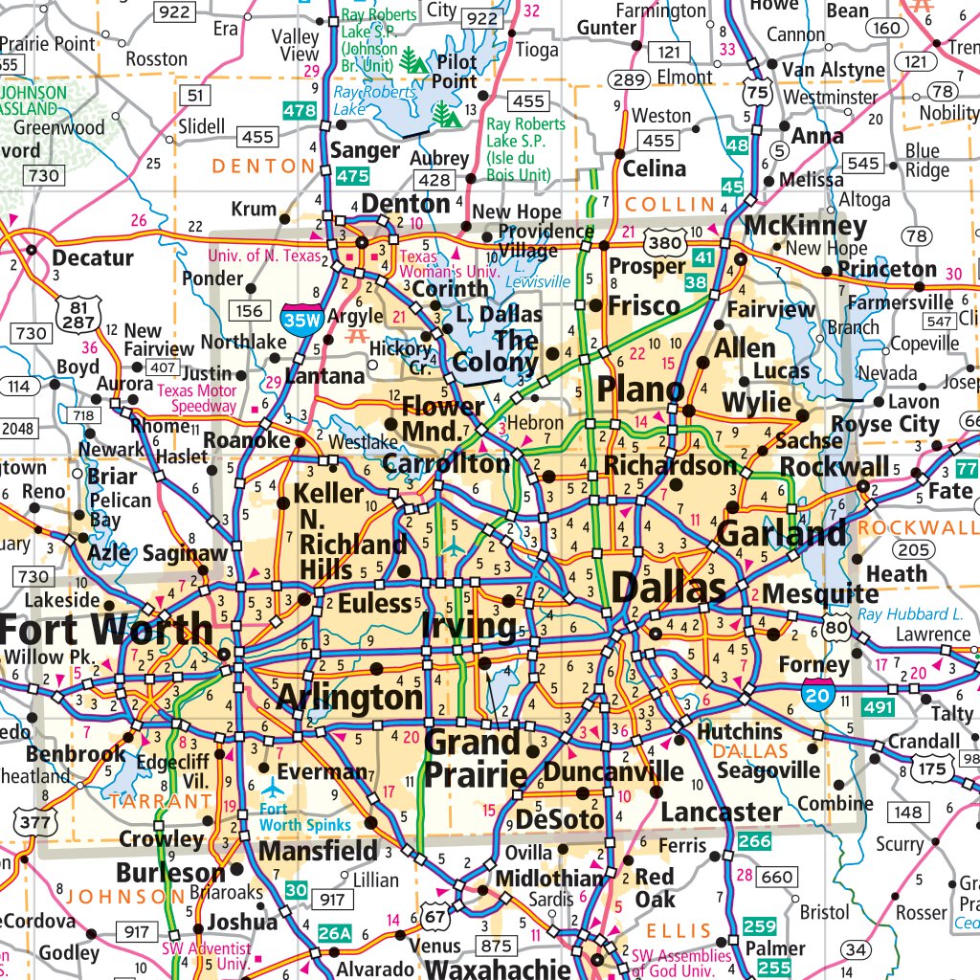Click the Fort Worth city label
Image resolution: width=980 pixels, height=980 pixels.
[106, 629]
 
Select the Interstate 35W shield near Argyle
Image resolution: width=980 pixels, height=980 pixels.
[300, 316]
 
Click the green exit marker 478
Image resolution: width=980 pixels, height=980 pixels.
[300, 110]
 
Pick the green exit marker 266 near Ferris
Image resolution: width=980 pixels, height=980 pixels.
[754, 841]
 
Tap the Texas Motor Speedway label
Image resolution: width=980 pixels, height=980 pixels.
[196, 398]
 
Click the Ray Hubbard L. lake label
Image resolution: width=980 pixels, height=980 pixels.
[910, 614]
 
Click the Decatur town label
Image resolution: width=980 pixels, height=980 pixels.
[92, 257]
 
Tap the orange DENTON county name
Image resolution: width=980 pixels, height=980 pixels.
[262, 167]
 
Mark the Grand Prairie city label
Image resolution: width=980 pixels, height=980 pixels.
[476, 757]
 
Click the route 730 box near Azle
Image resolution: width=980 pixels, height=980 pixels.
[33, 576]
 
